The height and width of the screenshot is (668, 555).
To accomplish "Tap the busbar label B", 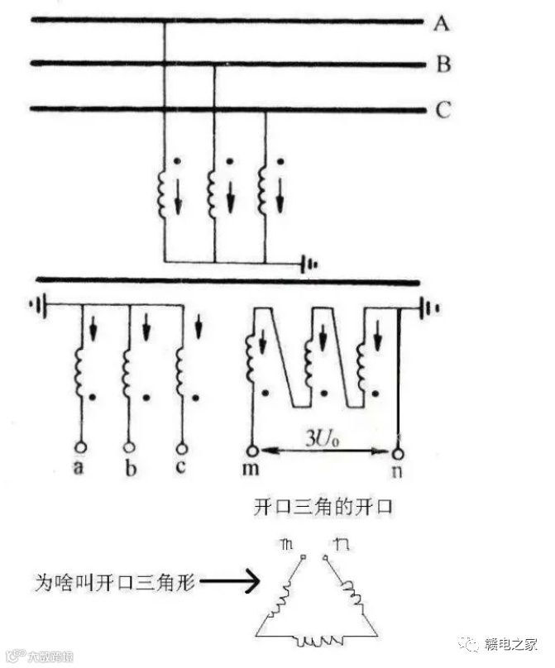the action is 443,64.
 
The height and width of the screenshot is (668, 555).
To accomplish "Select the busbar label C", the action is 443,109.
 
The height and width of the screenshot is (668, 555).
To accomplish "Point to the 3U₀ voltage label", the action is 323,439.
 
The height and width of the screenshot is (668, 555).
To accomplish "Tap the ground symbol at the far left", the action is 36,304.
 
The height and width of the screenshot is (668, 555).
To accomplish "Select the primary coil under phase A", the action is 164,192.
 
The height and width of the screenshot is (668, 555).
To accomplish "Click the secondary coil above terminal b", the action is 128,365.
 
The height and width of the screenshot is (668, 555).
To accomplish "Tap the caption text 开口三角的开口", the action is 323,507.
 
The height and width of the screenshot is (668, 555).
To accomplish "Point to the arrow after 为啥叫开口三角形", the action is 232,583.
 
